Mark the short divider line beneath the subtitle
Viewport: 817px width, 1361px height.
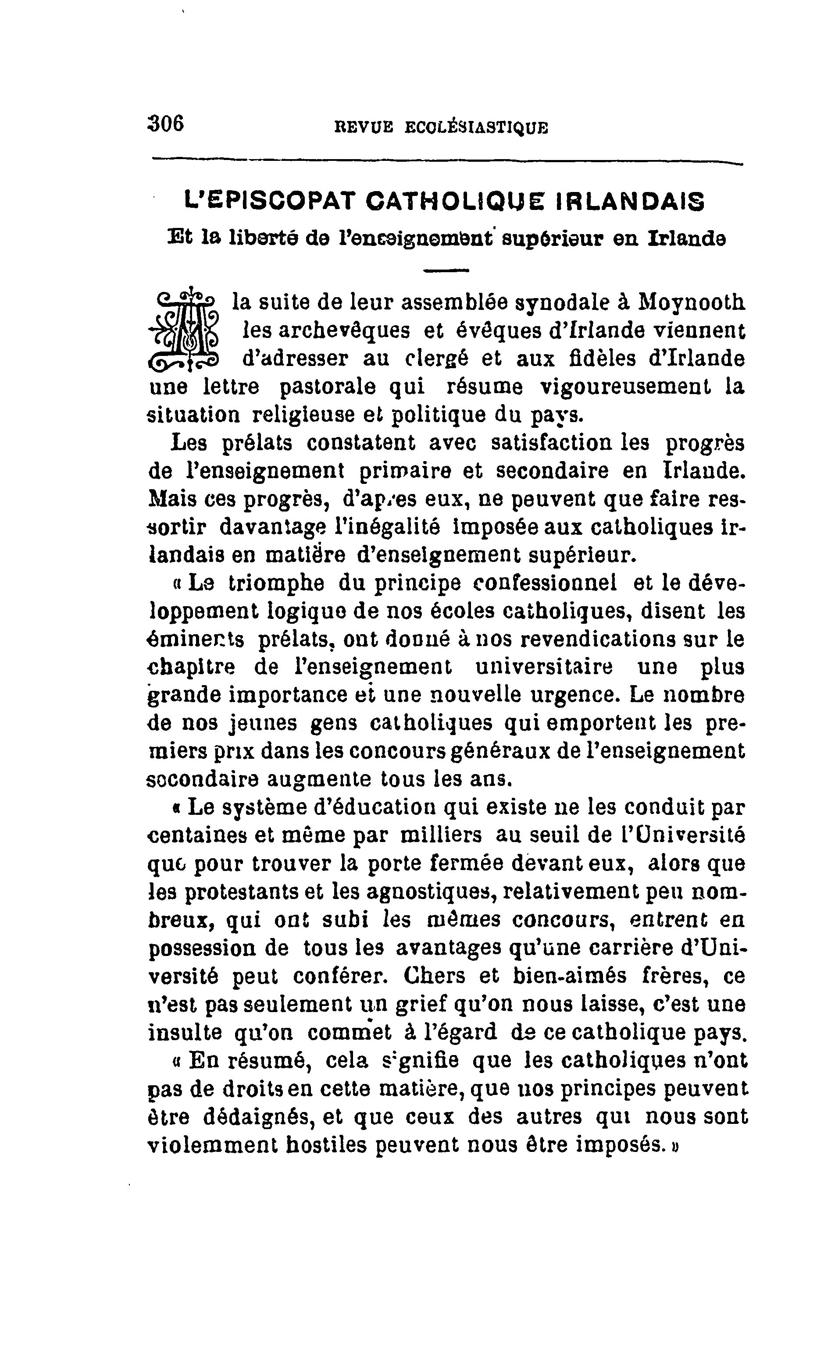point(446,270)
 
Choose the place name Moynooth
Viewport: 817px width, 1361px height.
point(691,302)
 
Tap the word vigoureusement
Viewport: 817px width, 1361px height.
point(625,387)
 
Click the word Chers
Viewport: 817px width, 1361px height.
point(435,976)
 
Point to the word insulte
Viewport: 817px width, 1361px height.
point(185,1032)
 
